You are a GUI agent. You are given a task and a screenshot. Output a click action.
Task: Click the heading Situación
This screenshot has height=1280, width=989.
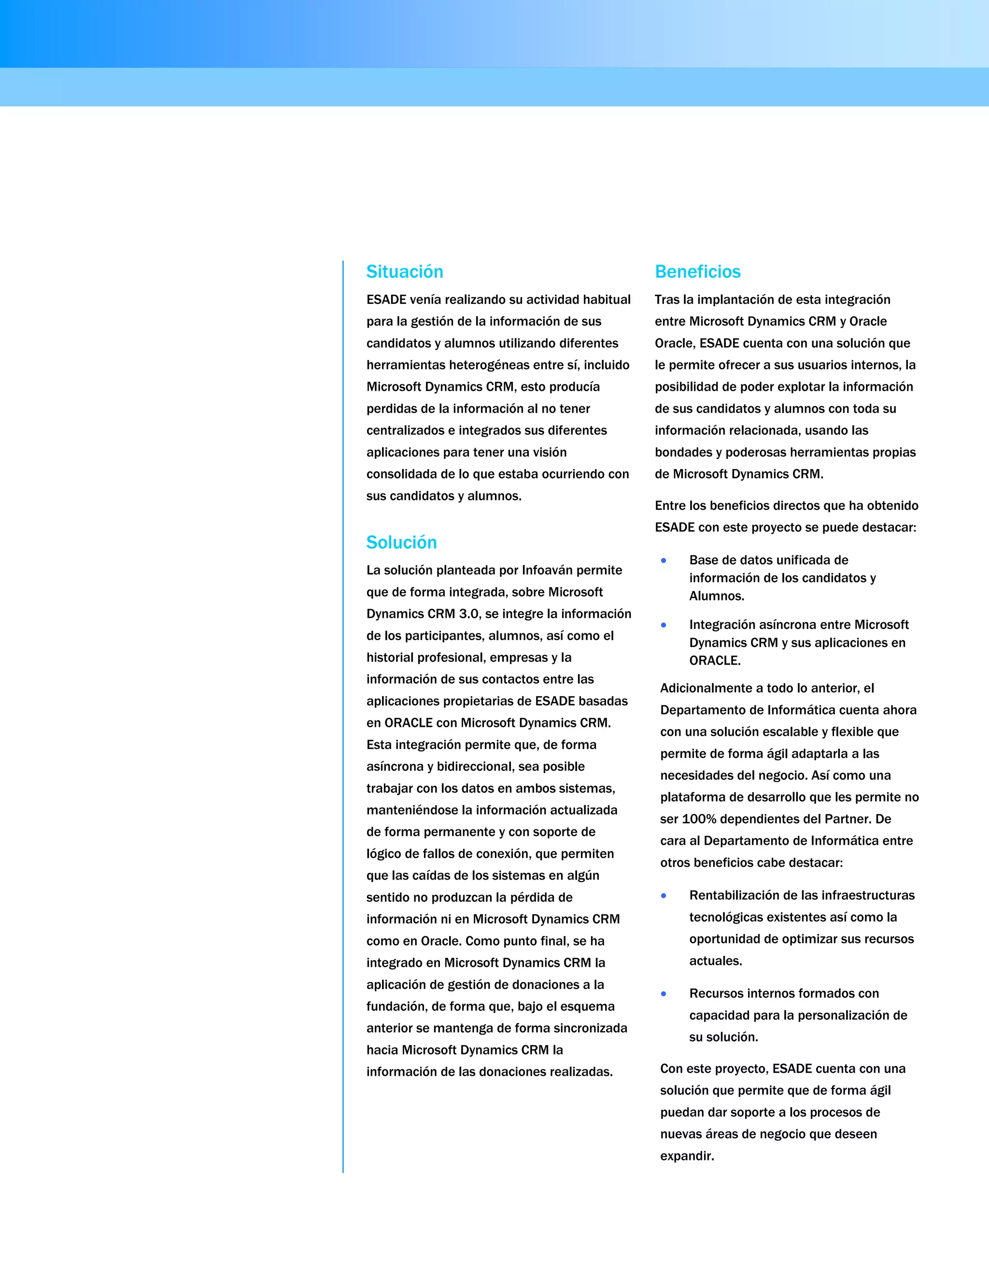tap(404, 272)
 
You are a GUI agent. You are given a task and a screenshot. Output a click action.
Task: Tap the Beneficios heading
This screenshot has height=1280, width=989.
tap(697, 272)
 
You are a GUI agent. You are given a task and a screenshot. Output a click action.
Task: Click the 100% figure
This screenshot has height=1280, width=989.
tap(700, 819)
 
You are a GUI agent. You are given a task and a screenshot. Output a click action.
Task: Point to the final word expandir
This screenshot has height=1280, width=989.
tap(687, 1156)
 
